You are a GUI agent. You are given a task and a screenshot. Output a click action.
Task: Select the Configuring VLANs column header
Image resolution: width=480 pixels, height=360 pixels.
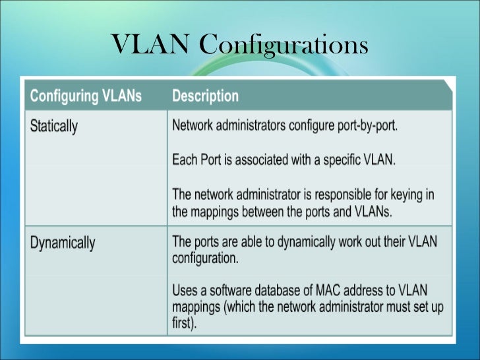click(86, 96)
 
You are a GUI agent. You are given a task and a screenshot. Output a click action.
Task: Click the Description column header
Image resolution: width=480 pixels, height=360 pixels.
click(205, 96)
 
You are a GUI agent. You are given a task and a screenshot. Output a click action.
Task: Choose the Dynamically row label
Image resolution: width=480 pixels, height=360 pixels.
click(63, 242)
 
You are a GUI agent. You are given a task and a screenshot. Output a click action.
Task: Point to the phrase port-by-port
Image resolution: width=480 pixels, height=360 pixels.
click(365, 127)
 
